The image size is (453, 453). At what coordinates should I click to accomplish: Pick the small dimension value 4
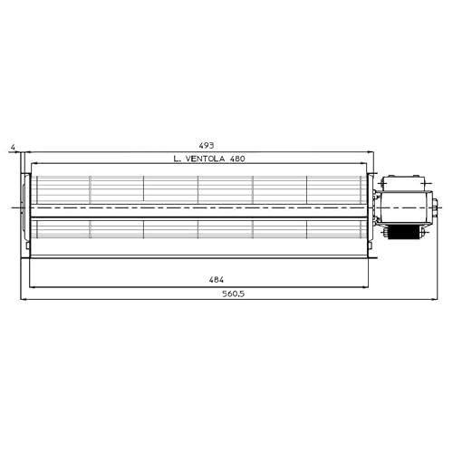coord(12,145)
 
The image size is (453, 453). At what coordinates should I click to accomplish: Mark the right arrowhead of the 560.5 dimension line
coord(442,299)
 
